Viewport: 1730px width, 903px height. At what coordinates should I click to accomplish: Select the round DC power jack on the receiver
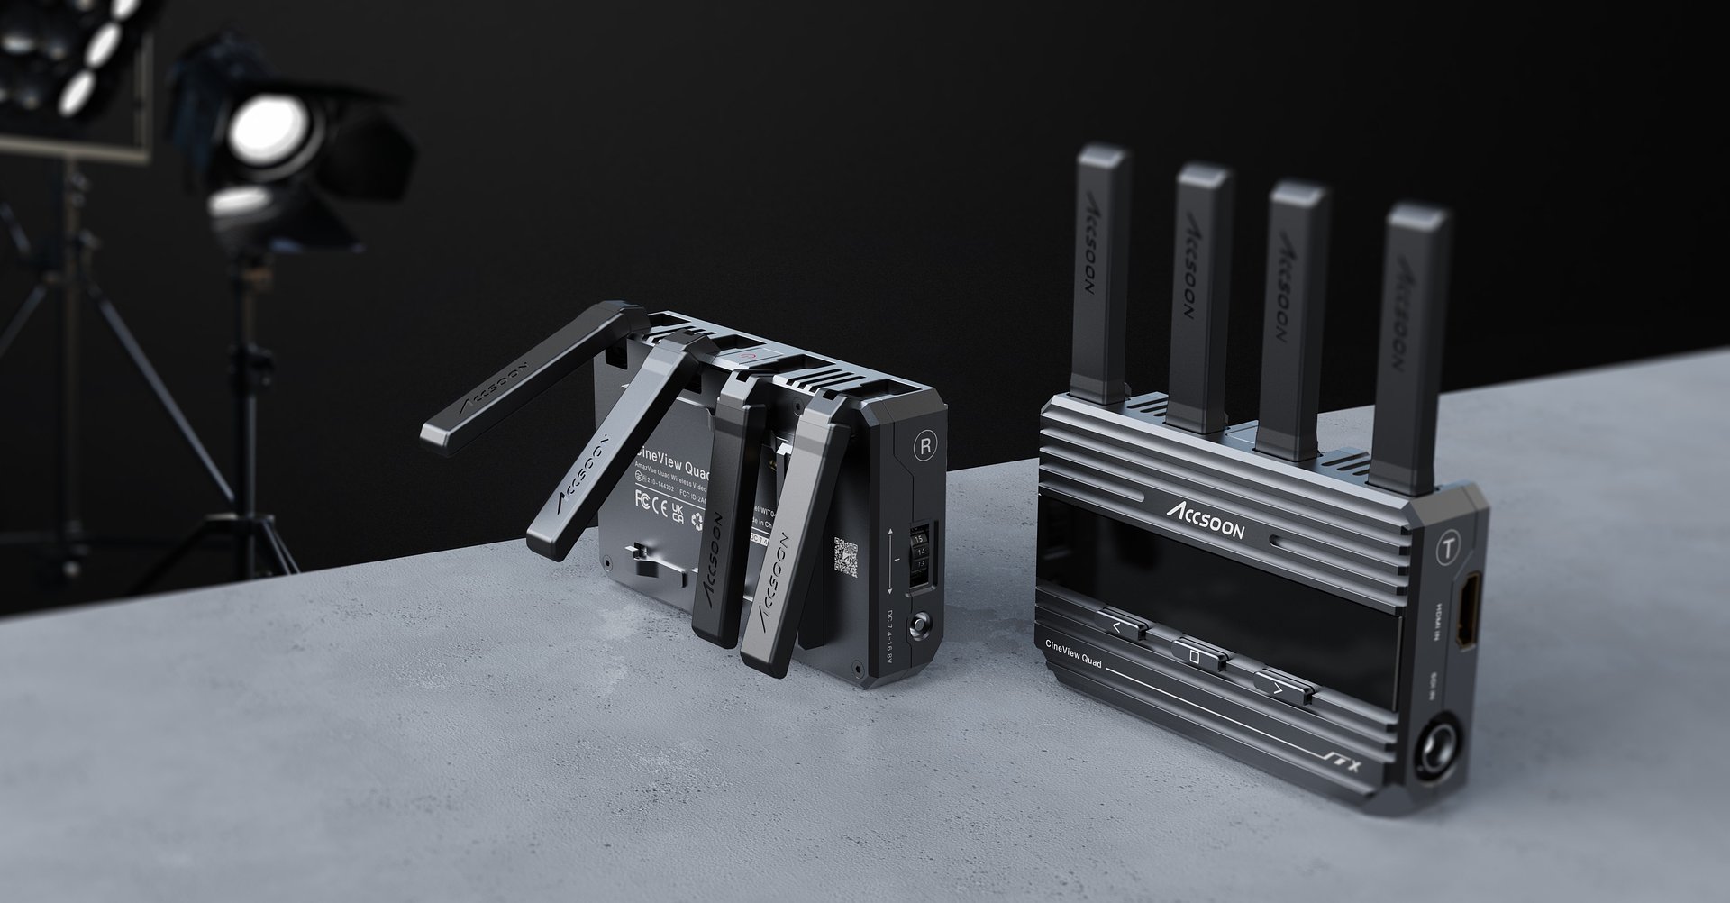(920, 624)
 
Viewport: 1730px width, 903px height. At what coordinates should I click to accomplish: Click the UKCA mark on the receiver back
(676, 513)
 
